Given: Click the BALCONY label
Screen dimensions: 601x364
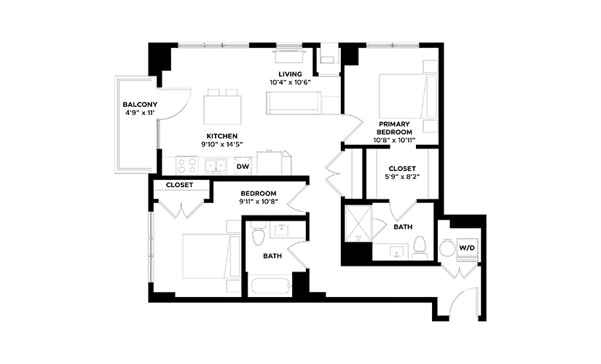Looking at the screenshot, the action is tap(140, 104).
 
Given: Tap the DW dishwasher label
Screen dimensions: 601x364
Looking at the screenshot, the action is tap(243, 167).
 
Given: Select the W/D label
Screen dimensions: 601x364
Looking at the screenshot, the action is tap(467, 248).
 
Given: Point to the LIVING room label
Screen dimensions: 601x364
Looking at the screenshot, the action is tap(290, 74).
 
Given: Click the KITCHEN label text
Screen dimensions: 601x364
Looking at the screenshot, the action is tap(222, 136).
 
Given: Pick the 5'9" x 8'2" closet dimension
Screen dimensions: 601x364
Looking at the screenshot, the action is tap(402, 177).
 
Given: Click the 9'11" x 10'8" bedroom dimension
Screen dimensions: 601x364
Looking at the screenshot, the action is tap(259, 202).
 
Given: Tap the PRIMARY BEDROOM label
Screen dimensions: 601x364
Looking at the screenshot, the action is tap(394, 128).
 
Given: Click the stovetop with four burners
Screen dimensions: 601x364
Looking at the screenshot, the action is tap(186, 165).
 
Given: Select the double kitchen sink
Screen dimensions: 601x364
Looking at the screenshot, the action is tap(216, 166).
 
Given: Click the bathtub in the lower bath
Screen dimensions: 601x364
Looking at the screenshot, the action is tap(269, 287).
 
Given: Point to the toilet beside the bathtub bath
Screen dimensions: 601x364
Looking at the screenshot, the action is tap(258, 234).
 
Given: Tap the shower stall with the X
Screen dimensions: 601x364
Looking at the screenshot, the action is tap(358, 223).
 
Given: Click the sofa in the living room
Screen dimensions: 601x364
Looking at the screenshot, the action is tap(294, 103).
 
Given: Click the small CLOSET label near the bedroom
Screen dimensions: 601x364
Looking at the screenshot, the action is tap(179, 185).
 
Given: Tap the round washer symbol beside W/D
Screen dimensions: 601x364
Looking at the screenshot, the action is tap(447, 248).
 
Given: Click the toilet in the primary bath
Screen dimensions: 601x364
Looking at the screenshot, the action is tap(420, 248).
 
